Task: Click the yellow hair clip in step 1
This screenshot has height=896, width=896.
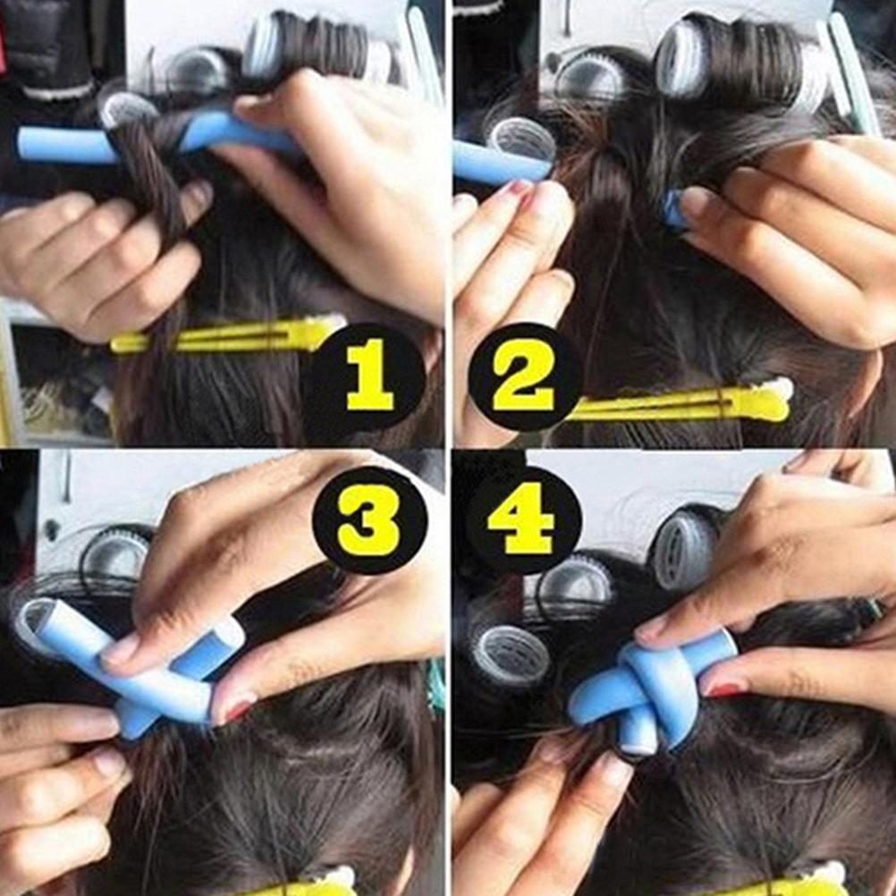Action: tap(229, 335)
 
